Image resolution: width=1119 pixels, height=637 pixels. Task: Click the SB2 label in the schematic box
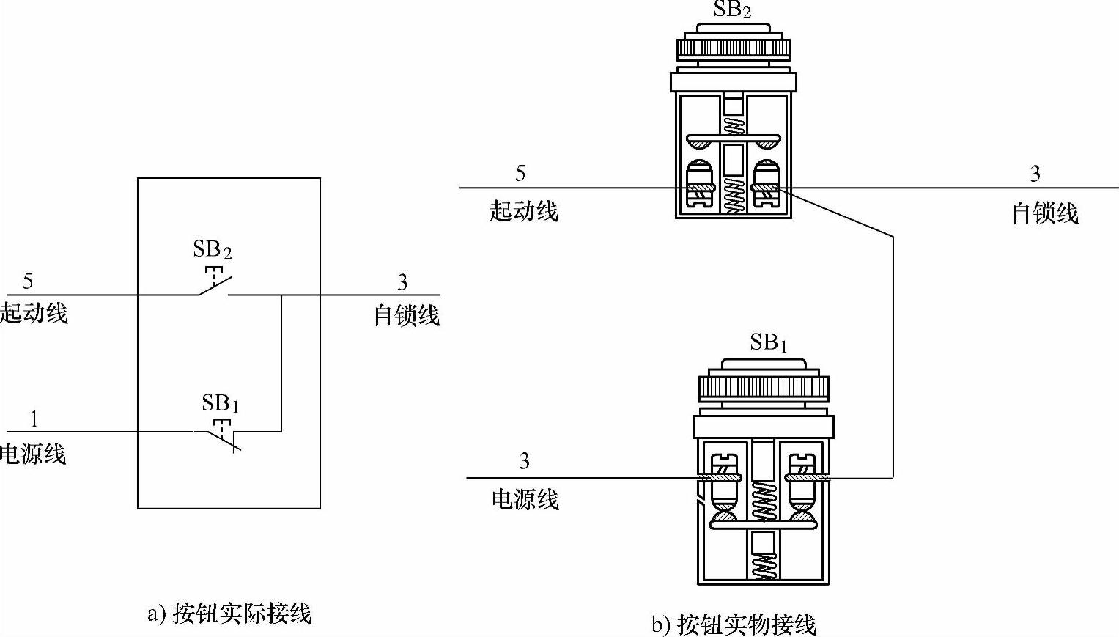213,250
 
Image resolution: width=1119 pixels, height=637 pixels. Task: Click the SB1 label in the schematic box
221,403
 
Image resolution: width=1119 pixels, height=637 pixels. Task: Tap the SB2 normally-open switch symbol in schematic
214,287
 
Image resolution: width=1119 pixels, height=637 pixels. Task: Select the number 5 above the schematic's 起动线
28,281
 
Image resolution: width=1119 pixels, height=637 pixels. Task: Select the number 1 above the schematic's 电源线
34,419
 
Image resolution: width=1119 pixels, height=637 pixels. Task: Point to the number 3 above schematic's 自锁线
402,281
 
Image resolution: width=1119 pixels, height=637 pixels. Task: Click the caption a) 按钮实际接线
229,613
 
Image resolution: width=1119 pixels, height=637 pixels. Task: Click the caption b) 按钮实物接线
734,624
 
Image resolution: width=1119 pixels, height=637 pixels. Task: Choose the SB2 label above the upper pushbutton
732,10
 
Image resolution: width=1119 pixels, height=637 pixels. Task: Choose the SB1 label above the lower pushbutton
768,342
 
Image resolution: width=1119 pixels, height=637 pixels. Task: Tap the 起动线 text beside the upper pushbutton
524,212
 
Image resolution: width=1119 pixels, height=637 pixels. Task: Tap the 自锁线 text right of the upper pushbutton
1045,213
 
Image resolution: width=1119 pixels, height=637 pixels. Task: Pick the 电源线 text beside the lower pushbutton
525,500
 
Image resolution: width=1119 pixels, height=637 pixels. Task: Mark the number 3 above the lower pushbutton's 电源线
525,461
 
